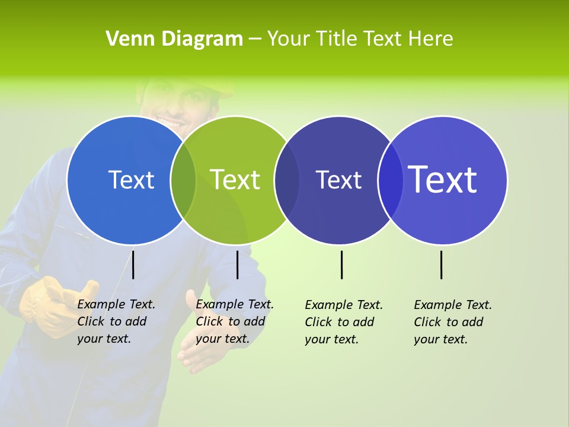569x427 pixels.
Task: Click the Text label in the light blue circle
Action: coord(131,180)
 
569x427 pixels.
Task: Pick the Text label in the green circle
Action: coord(235,180)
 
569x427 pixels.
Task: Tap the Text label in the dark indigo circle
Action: coord(338,180)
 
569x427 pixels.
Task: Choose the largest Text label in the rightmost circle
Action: coord(443,180)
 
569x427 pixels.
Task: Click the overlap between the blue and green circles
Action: coord(183,180)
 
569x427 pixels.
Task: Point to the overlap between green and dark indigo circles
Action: coord(287,180)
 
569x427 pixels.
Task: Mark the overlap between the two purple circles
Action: coord(390,180)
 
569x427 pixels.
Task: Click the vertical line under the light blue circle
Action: coord(133,265)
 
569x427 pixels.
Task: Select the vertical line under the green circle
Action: coord(237,265)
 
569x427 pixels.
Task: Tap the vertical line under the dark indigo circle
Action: coord(341,265)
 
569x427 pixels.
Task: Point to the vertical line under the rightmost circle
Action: coord(441,265)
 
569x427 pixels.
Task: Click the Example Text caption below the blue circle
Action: coord(116,321)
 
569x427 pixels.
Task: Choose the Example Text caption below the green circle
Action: coord(235,321)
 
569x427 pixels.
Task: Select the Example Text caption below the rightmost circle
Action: coord(453,322)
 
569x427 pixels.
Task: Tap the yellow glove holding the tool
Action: coord(53,305)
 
